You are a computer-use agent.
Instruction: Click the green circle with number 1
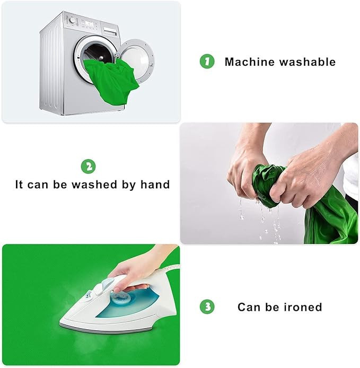tap(207, 62)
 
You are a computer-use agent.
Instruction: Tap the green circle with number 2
tap(88, 167)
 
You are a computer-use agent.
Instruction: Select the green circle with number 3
tap(207, 306)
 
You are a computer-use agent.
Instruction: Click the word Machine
tap(250, 62)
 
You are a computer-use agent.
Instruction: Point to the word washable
tap(308, 62)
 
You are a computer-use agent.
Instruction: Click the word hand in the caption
tap(155, 185)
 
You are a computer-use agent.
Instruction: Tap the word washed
tap(94, 185)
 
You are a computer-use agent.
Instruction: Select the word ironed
tap(303, 307)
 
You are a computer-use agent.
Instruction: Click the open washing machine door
tap(137, 60)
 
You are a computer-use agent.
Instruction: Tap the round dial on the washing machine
tap(73, 20)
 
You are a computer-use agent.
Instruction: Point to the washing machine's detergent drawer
tap(110, 31)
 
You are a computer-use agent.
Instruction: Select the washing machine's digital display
tap(89, 24)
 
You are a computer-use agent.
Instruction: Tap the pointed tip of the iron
tap(60, 321)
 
